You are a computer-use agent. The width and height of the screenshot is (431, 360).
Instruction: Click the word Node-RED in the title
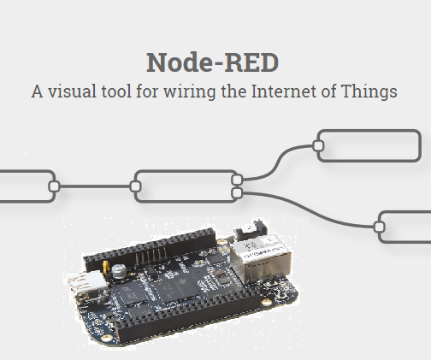click(212, 62)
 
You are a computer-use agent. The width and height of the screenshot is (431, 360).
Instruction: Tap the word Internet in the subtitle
click(293, 90)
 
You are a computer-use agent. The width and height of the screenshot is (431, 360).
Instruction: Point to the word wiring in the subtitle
click(192, 90)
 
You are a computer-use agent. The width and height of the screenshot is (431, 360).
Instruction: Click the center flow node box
click(185, 186)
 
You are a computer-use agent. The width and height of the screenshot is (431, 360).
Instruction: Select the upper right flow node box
click(370, 146)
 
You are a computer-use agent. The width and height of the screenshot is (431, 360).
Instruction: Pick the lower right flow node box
click(406, 227)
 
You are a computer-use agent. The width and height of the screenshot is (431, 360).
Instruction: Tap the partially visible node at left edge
click(24, 186)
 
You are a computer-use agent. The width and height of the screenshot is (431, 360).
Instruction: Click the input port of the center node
click(135, 186)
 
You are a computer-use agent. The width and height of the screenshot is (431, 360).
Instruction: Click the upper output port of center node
click(237, 180)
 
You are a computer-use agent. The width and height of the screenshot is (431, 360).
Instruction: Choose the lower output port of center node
click(237, 193)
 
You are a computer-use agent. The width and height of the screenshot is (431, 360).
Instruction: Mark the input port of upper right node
click(318, 146)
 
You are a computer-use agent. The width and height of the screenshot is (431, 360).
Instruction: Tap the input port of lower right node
click(380, 227)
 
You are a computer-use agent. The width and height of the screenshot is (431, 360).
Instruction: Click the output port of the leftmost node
click(53, 186)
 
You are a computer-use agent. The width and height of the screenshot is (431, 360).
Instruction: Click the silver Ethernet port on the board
click(263, 257)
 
